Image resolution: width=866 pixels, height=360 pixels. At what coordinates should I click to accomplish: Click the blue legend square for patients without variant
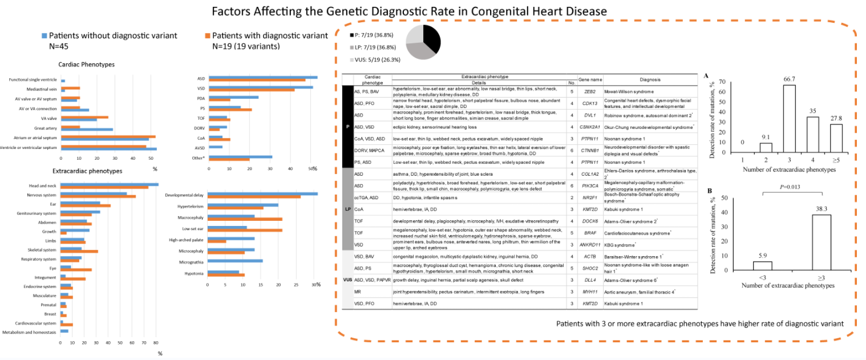pos(44,35)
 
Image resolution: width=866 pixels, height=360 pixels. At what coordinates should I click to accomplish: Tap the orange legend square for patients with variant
pos(207,35)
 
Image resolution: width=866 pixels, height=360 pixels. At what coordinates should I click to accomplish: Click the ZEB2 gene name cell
pos(590,91)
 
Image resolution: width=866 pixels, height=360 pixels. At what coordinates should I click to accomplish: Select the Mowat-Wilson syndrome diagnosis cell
pos(630,91)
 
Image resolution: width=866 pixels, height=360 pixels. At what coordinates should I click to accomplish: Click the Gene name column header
pos(590,80)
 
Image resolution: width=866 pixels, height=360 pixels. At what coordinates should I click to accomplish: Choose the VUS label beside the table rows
pos(347,280)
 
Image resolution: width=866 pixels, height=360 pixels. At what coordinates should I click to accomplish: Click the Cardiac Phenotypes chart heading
pos(87,64)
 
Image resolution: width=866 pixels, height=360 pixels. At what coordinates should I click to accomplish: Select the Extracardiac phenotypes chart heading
pos(87,171)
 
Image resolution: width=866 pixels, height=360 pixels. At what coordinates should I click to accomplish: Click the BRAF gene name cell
pos(590,233)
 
